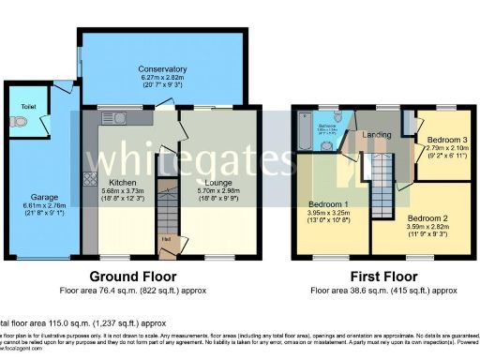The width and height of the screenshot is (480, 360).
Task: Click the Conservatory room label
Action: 162,68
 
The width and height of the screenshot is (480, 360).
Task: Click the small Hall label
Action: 166,240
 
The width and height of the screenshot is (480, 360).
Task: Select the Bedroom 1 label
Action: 330,203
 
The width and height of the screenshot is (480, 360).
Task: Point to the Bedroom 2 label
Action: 427,217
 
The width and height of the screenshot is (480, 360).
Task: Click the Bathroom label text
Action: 326,124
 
